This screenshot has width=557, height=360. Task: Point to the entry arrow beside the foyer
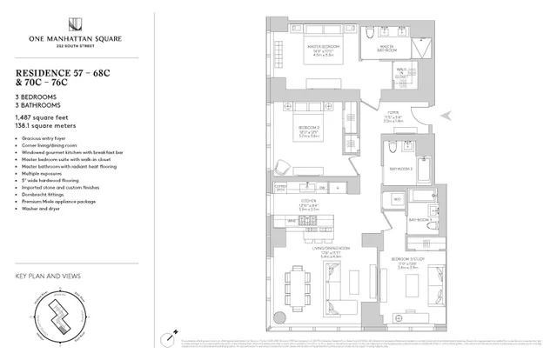point(446,114)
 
